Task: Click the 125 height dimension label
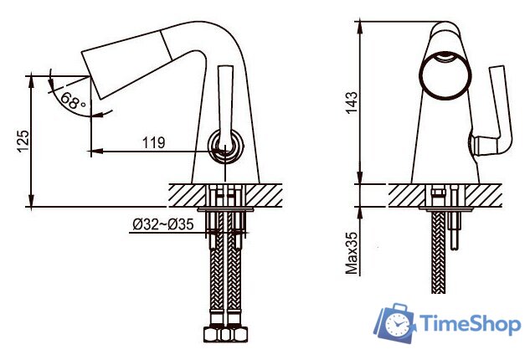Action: [23, 141]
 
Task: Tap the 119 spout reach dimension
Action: [153, 143]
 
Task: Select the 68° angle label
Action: [74, 104]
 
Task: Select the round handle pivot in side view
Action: [224, 151]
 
